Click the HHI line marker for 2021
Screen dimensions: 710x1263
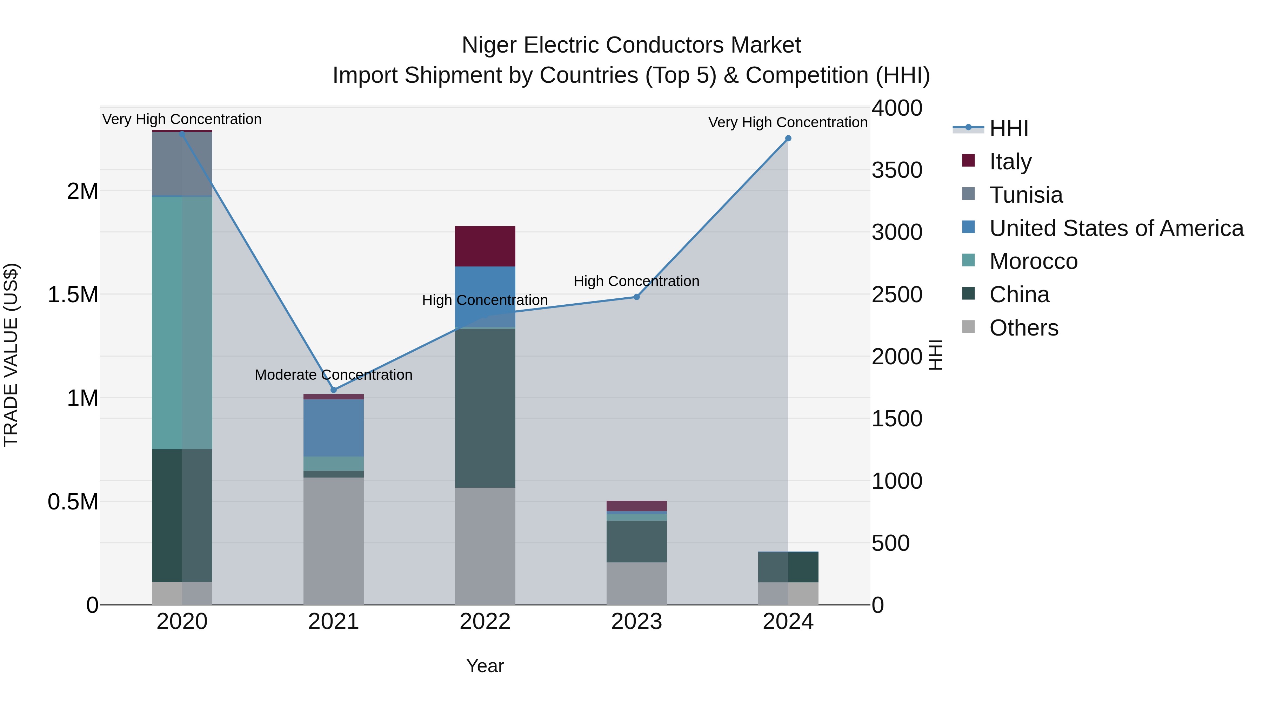tap(333, 390)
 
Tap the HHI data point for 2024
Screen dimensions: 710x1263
tap(788, 138)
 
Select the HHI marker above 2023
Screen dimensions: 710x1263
tap(636, 297)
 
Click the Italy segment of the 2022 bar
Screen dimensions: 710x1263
tap(485, 246)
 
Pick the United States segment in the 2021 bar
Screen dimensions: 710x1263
tap(333, 428)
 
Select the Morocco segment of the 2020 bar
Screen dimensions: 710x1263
tap(182, 323)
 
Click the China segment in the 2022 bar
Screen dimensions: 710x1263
tap(485, 408)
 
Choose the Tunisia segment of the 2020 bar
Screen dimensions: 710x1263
tap(182, 164)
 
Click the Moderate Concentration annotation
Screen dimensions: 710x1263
tap(333, 375)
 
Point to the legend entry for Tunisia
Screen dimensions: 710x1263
tap(1026, 195)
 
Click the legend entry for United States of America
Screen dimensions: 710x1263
tap(1116, 228)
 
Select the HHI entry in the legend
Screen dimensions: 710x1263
tap(1009, 128)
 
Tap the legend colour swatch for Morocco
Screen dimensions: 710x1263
tap(968, 260)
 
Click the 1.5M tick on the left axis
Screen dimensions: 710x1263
tap(73, 295)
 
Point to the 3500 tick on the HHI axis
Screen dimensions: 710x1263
tap(897, 170)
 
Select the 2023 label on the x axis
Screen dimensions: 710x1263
tap(636, 622)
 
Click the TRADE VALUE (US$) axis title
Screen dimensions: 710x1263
tap(11, 355)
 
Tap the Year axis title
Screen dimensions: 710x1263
tap(485, 666)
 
